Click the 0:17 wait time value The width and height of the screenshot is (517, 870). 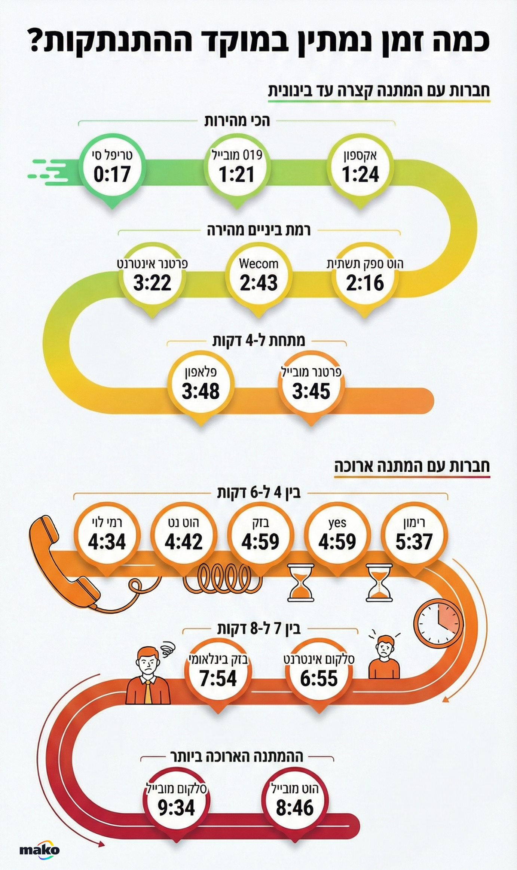click(112, 174)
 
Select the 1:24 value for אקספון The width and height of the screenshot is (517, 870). click(361, 174)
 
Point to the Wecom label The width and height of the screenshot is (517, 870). click(258, 264)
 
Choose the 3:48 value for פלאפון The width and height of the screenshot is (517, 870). click(201, 391)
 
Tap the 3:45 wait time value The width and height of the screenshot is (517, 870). click(311, 391)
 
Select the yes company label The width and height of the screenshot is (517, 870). click(337, 523)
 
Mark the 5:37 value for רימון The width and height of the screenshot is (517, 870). click(414, 542)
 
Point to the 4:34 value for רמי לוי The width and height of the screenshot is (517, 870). click(107, 542)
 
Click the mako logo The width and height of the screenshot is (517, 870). click(39, 849)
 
